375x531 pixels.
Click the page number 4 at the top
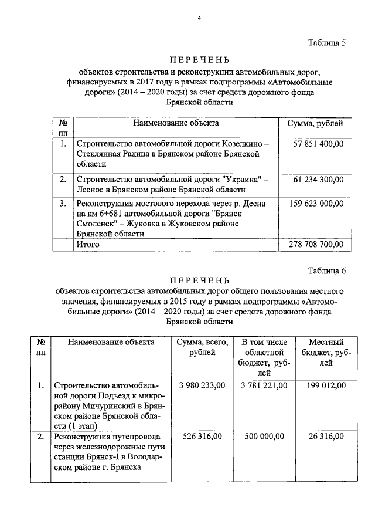click(199, 18)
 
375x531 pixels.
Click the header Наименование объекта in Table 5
click(176, 123)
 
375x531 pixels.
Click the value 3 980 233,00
click(202, 385)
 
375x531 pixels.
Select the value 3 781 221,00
click(264, 385)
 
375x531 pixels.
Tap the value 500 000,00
click(264, 437)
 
